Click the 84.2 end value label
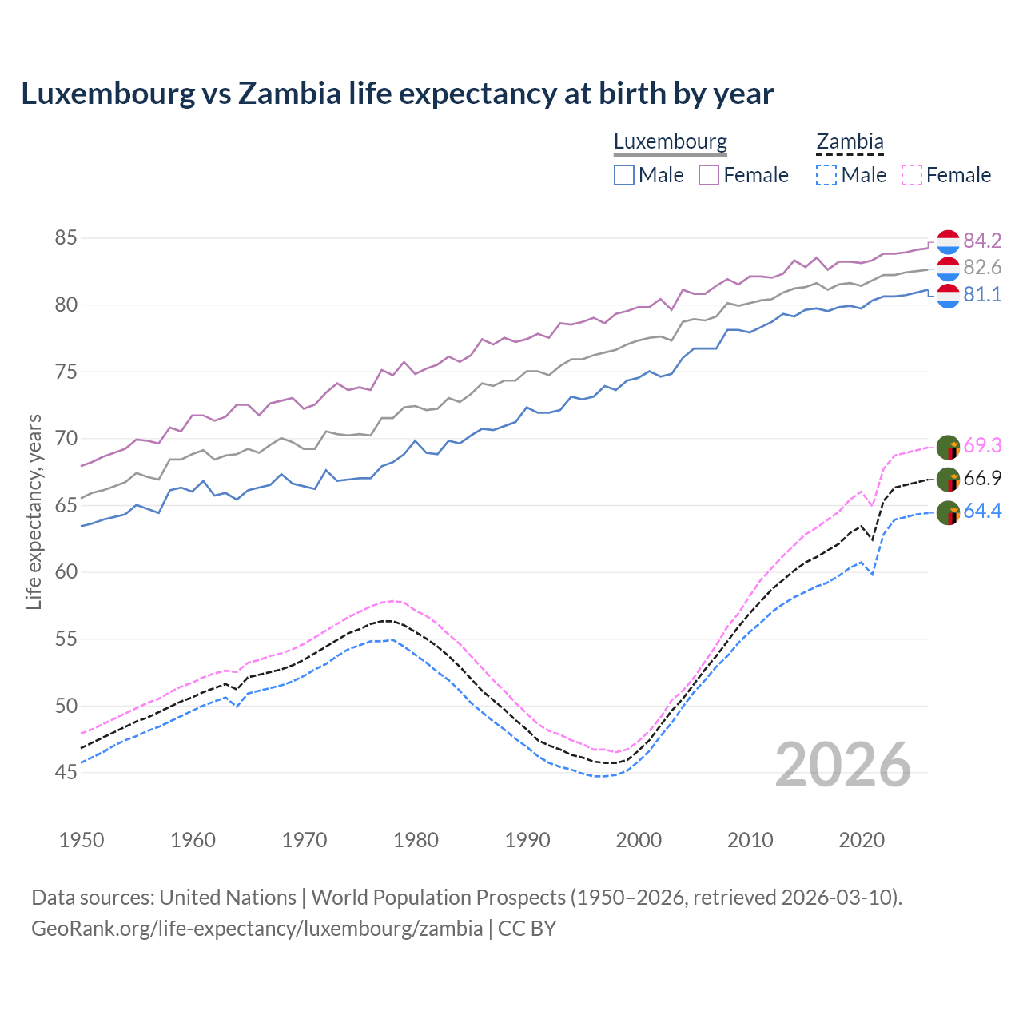(x=982, y=241)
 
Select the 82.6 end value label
(x=982, y=267)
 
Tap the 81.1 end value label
(x=982, y=294)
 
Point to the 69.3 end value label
(x=982, y=445)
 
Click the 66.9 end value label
(x=982, y=478)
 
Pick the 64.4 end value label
(x=982, y=511)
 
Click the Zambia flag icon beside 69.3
(x=948, y=447)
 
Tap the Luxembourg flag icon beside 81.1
(x=948, y=296)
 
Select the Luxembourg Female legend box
(x=710, y=175)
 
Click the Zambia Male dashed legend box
(x=826, y=175)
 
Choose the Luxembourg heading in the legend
(x=670, y=142)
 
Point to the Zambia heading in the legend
(x=850, y=142)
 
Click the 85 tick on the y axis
(x=66, y=237)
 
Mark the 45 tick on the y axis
(x=66, y=772)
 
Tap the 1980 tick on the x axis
(x=416, y=840)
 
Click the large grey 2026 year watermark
(x=842, y=765)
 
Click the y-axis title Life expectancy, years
(x=34, y=511)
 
